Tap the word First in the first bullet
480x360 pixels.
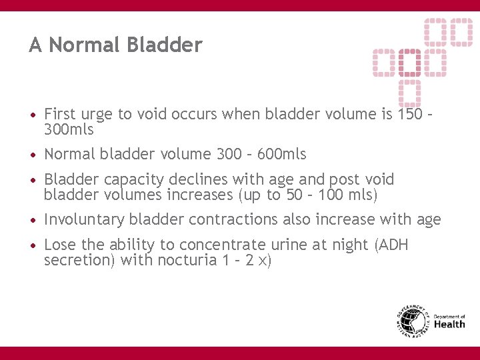tap(60, 114)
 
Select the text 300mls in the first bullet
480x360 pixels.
tap(69, 129)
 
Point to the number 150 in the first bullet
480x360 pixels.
tap(409, 114)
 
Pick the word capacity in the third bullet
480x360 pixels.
tap(129, 180)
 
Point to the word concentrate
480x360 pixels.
tap(217, 245)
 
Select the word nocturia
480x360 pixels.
tap(185, 260)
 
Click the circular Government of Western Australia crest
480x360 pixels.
tap(412, 322)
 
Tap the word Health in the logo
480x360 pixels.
tap(450, 325)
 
